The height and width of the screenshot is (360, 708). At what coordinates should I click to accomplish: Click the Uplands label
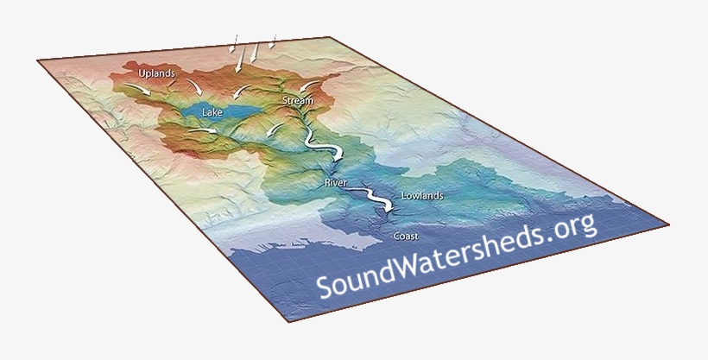point(157,74)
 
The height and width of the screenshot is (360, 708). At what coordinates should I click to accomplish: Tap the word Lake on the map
point(212,111)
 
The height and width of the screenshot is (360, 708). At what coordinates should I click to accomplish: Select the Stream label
point(298,101)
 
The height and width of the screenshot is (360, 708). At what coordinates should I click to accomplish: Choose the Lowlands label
point(422,196)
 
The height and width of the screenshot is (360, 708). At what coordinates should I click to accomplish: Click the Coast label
point(405,236)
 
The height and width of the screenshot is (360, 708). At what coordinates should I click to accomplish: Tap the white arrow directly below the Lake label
point(207,130)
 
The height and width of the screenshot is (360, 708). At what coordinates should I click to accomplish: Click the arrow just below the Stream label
point(275,129)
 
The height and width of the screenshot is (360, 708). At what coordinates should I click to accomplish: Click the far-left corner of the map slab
point(38,60)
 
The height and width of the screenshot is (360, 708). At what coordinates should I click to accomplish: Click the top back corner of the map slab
point(329,37)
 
